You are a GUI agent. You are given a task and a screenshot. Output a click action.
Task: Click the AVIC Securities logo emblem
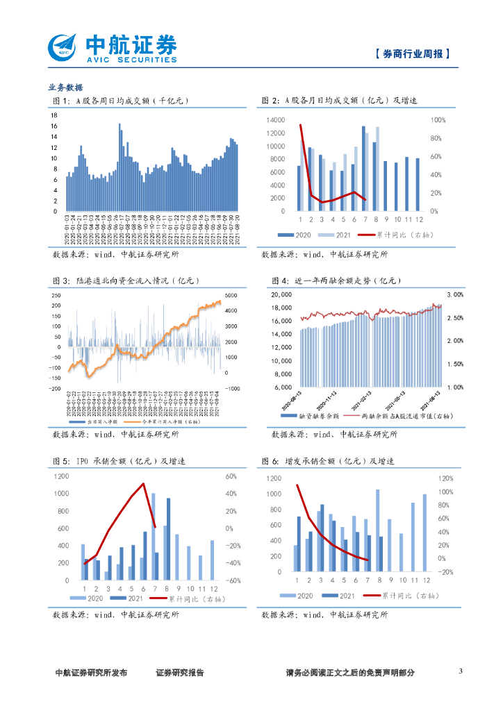coord(63,48)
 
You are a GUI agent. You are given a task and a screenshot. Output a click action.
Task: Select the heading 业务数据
coord(65,87)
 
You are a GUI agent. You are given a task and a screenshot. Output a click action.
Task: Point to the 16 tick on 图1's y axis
coord(54,126)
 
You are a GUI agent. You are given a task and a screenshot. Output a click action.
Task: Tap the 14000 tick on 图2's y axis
coord(275,120)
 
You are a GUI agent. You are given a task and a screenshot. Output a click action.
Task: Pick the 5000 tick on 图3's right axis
coord(230,296)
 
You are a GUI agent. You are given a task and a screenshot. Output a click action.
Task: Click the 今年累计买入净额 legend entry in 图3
coord(163,421)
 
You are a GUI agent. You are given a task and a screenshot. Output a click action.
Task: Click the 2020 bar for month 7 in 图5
coord(153,537)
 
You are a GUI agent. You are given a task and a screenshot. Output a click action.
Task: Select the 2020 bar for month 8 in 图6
coord(378,530)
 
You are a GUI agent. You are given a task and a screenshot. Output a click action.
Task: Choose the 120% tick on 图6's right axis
coord(445,478)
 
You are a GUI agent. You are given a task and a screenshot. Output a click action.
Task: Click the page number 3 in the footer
coord(461,671)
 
